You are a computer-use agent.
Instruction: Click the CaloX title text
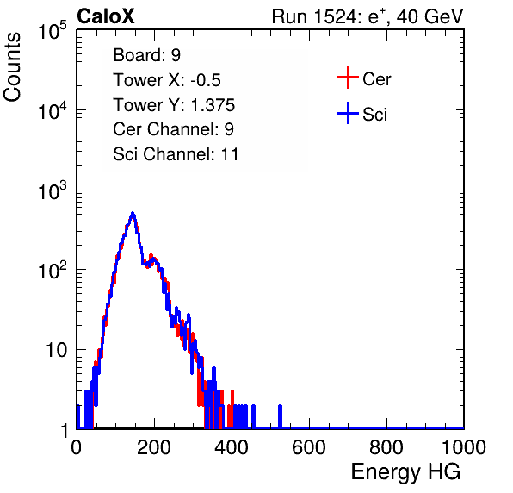point(106,16)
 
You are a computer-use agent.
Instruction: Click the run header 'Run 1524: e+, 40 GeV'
point(368,16)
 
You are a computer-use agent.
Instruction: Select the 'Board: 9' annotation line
point(146,55)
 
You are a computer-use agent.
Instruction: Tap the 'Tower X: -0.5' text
point(167,80)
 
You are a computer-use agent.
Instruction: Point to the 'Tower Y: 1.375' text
point(174,105)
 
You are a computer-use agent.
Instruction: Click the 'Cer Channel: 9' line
point(173,129)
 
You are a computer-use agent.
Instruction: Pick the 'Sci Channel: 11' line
point(176,154)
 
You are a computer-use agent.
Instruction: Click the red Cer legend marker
point(348,78)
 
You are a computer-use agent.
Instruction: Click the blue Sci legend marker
point(348,113)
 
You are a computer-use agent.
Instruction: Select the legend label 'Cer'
point(376,79)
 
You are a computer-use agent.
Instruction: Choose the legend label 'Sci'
point(374,115)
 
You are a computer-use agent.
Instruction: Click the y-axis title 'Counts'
point(12,67)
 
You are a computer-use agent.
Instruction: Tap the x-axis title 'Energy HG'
point(405,471)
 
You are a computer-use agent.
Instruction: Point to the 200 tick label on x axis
point(154,447)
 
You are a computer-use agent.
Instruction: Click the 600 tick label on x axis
point(309,447)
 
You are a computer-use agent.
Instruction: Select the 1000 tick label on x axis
point(464,447)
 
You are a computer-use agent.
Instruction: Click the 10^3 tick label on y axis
point(53,190)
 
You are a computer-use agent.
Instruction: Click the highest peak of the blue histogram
point(133,213)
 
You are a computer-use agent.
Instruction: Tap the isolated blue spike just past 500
point(280,416)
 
